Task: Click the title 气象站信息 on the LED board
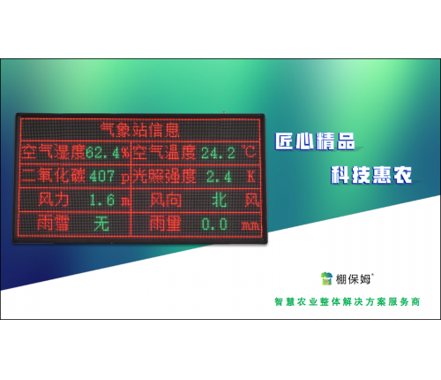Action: coord(141,129)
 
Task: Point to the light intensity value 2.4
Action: coord(218,176)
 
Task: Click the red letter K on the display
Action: coord(250,176)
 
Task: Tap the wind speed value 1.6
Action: coord(104,200)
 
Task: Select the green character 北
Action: coord(220,200)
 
